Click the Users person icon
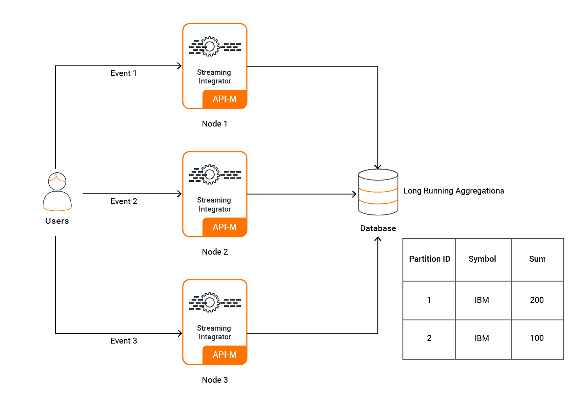click(57, 192)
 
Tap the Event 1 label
click(123, 73)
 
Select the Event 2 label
click(124, 201)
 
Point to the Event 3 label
click(124, 341)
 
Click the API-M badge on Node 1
click(224, 99)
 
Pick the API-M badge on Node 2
click(224, 227)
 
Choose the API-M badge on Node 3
click(224, 355)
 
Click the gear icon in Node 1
click(210, 47)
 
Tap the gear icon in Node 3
click(210, 302)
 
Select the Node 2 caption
click(215, 252)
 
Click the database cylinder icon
click(378, 192)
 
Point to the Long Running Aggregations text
click(454, 191)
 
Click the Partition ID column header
click(429, 259)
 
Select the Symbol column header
click(482, 259)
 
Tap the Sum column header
click(537, 259)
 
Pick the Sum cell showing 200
click(537, 300)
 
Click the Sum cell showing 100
click(537, 338)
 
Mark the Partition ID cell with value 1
click(429, 300)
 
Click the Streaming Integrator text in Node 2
click(214, 204)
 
